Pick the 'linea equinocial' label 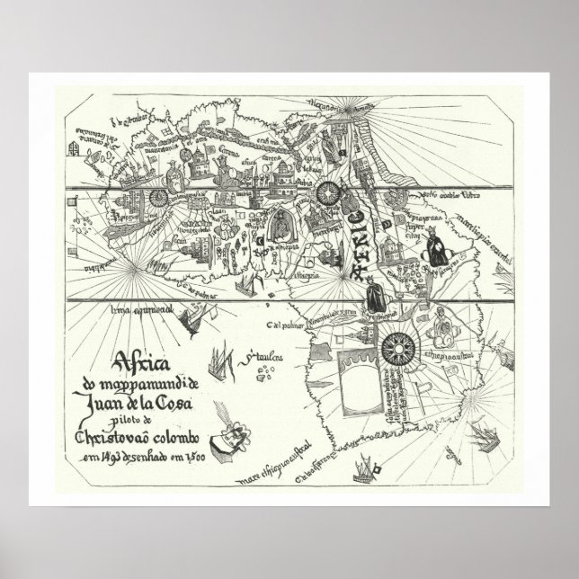tap(141, 310)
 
